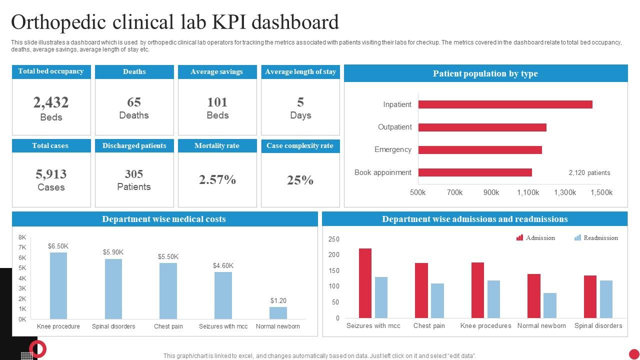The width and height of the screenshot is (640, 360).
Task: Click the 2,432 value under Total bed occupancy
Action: point(51,102)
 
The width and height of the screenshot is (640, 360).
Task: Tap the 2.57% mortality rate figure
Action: point(217,180)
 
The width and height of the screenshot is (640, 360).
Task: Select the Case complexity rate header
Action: point(300,146)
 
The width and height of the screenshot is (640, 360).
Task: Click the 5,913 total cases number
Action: point(51,174)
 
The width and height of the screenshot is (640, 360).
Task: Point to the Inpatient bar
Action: point(505,104)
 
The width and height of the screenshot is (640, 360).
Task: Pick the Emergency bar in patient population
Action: point(480,150)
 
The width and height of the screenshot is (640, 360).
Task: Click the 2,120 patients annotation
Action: point(589,172)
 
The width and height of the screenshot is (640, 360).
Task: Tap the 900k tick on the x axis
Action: point(491,192)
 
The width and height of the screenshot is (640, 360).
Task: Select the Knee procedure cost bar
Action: point(58,285)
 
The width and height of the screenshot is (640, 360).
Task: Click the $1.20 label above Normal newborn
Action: point(278,300)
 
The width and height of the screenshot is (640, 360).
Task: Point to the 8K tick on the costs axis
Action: point(22,237)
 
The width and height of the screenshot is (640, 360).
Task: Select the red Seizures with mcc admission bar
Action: point(365,283)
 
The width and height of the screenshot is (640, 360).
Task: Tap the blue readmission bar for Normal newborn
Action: point(549,305)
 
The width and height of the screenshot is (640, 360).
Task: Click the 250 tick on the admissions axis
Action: point(334,239)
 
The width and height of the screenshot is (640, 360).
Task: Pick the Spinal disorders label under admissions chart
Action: point(598,325)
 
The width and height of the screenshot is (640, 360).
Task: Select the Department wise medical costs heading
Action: point(164,219)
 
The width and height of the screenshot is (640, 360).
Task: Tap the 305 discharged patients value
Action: point(134,174)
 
